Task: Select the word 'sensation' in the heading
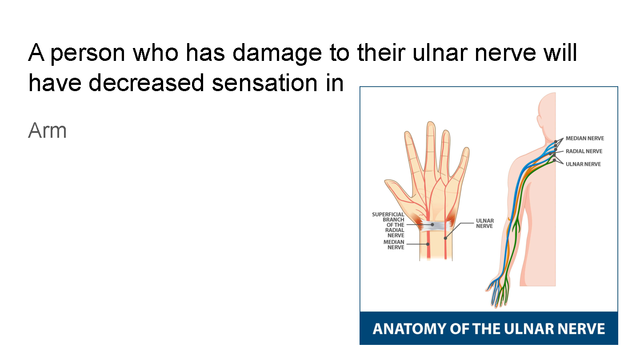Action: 264,83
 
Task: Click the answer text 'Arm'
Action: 47,130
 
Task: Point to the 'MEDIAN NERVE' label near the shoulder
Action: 585,138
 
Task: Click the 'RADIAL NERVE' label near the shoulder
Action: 584,151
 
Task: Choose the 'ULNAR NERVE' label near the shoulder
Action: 583,164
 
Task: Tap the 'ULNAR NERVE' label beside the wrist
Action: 485,224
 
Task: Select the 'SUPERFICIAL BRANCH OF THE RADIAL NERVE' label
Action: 388,225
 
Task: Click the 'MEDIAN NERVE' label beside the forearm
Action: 394,244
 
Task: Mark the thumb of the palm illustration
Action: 399,191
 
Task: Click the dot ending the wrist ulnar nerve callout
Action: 445,238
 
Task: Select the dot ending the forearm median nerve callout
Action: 428,244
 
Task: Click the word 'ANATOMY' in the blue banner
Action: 409,329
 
